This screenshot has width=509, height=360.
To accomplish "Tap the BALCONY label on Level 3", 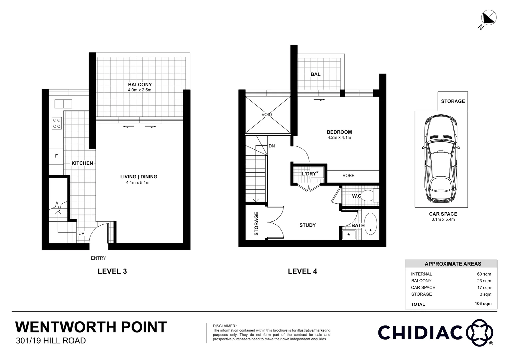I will coord(140,85).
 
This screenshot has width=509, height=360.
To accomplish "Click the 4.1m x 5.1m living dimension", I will coord(135,183).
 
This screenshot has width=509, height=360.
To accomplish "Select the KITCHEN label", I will coord(82,163).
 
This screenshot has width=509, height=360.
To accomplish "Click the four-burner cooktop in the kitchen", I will coord(57,123).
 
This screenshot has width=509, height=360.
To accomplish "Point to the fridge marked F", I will coord(56,156).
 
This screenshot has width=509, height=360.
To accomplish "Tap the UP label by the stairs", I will coord(81,233).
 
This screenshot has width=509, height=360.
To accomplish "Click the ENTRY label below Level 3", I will coord(98,258).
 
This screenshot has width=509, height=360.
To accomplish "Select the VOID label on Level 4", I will coord(266,115).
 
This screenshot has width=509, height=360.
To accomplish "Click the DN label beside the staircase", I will coord(271,146).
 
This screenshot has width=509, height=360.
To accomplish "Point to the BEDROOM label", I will coord(339,132).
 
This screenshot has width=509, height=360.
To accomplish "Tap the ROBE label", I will coord(348,176).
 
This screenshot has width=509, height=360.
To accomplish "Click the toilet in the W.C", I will coord(368,196).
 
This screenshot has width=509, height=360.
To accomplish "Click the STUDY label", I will coord(307,225).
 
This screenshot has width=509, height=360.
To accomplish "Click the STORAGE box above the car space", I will coord(453,101).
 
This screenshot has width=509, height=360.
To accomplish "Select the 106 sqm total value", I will coord(483,304).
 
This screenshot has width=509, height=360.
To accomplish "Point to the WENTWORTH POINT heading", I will coord(91,327).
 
